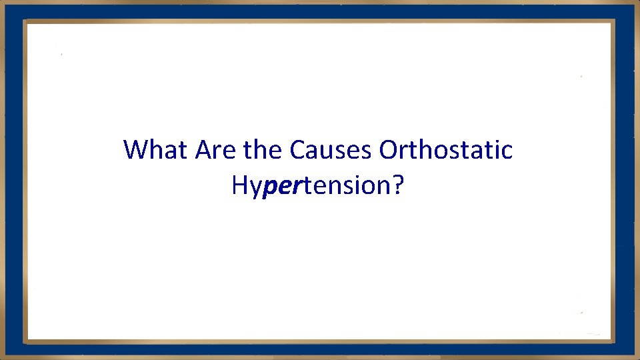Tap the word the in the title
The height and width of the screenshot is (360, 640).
coord(264,150)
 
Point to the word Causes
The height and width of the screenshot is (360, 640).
coord(331,150)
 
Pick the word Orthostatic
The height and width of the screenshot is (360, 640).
coord(446,150)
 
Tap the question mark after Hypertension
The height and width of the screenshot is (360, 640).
coord(397,185)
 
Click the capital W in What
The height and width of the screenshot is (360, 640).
coord(135,150)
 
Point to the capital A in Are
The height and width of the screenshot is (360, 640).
coord(202,150)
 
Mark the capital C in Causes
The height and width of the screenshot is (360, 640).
coord(297,150)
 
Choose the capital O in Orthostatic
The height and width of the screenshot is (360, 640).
coord(388,150)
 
